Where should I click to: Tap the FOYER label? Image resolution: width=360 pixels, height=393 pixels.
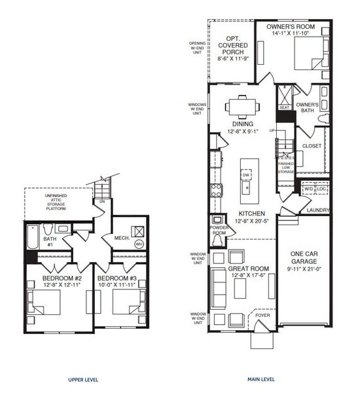point(262,315)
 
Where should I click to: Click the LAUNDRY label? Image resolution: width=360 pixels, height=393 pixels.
point(317,210)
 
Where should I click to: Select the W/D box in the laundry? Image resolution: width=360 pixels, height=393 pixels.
point(308,190)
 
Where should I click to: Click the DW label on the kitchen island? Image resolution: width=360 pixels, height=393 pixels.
point(246,175)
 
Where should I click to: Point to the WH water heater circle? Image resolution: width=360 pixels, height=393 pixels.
point(138,244)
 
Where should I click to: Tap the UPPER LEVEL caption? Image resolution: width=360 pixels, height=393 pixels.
point(84,379)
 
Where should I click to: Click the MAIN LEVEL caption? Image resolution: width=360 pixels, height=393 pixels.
point(261,379)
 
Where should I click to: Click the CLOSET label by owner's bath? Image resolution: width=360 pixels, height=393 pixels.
point(312,146)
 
